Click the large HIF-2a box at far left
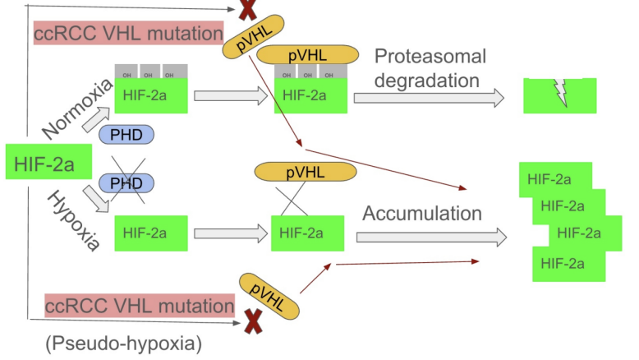[x=45, y=163]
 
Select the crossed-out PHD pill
[x=126, y=182]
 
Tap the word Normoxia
[x=77, y=108]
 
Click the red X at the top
[x=247, y=11]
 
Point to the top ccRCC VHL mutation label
[x=129, y=34]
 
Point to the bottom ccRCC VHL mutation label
[x=140, y=306]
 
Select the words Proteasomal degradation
[x=430, y=68]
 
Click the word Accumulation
[x=422, y=214]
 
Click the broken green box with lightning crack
[x=560, y=95]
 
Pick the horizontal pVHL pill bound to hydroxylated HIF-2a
[x=307, y=55]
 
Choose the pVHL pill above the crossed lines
[x=306, y=171]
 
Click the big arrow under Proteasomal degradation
[x=429, y=98]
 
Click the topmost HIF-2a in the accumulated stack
[x=549, y=178]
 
